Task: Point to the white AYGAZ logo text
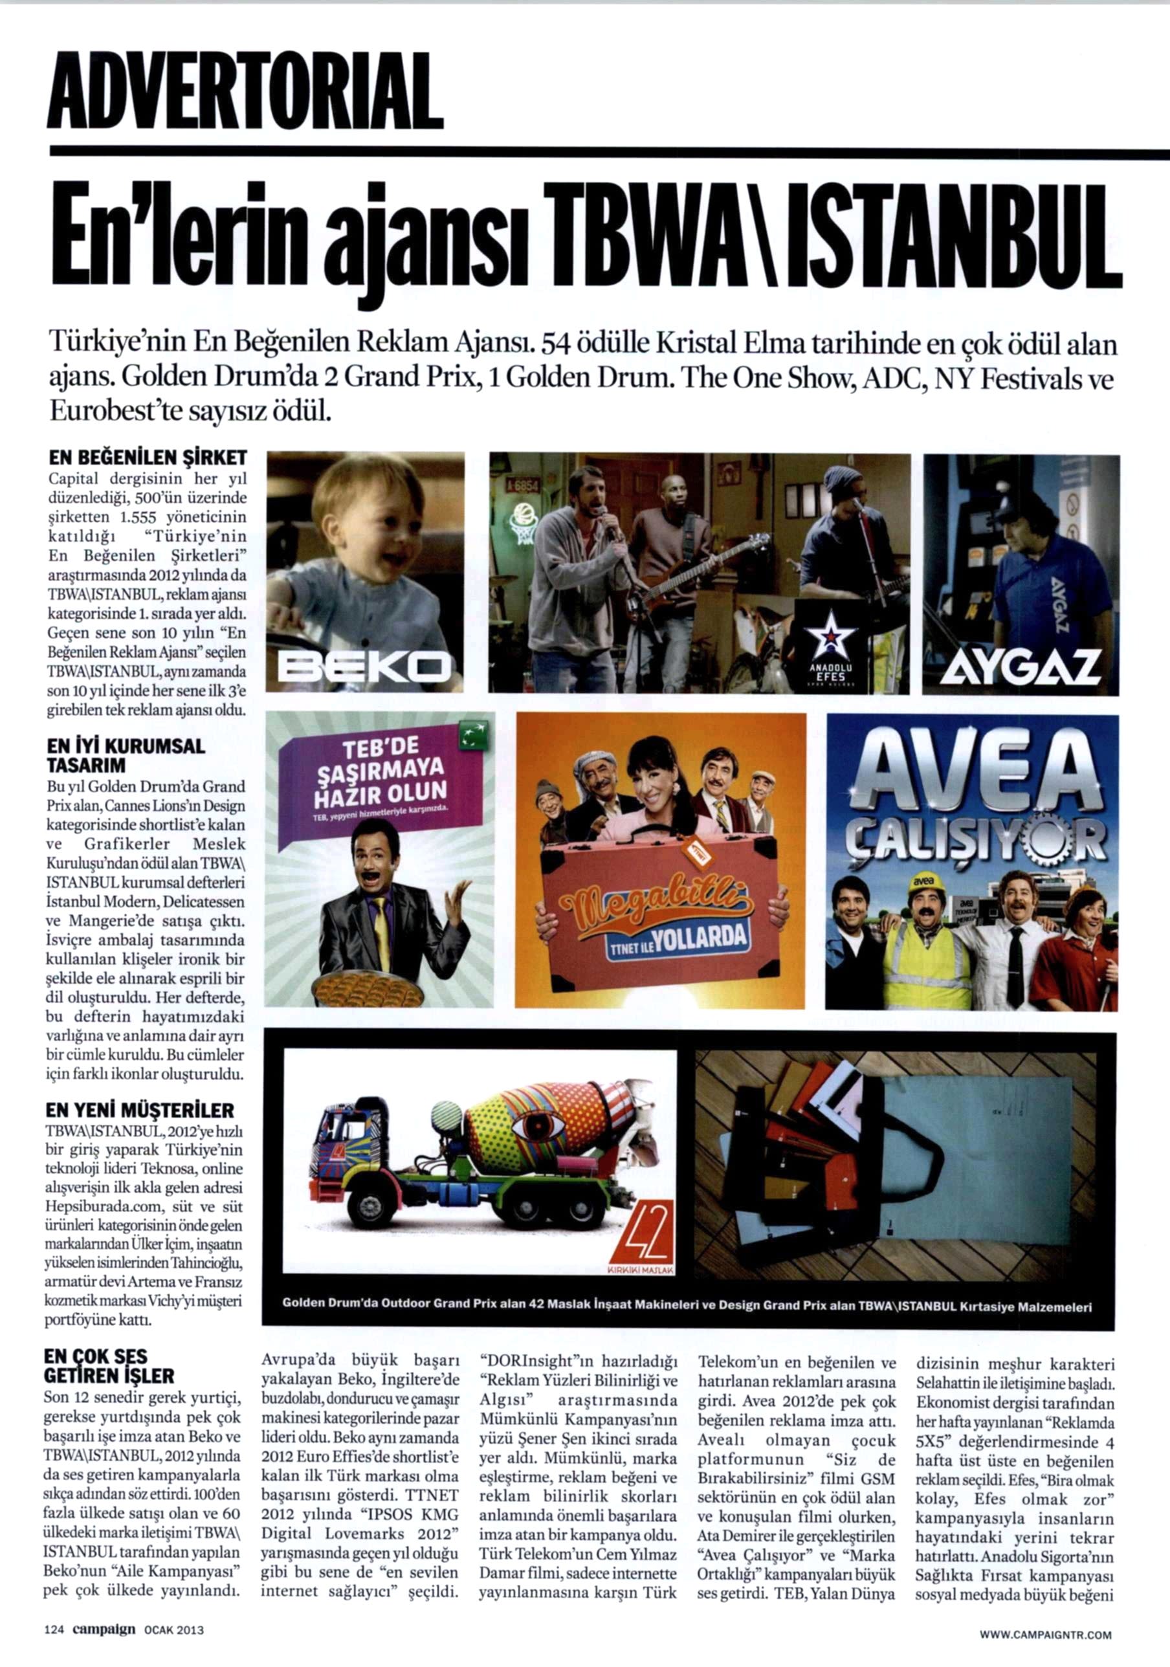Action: [x=1021, y=667]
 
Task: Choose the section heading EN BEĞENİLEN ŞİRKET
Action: [x=148, y=458]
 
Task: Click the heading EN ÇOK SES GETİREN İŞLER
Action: [x=109, y=1367]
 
